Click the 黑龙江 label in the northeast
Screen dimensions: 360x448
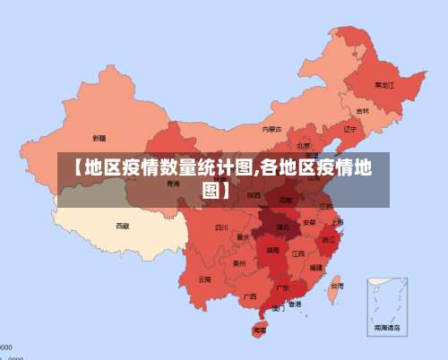(x=384, y=86)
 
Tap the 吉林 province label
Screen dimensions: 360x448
(x=362, y=111)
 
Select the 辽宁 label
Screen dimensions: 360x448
(x=349, y=128)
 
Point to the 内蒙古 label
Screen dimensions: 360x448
(x=272, y=129)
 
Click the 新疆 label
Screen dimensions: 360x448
(x=99, y=138)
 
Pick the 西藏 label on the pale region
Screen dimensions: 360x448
(x=123, y=226)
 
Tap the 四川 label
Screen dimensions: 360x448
(x=221, y=227)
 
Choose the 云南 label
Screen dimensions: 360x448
(x=205, y=279)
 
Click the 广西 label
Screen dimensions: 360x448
(x=250, y=296)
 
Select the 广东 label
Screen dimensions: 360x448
(x=282, y=287)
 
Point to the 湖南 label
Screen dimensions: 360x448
(x=272, y=252)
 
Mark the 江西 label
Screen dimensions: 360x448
(x=298, y=253)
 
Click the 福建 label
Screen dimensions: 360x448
(x=316, y=267)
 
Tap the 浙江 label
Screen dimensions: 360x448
(x=329, y=239)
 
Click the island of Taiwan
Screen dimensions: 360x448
(x=334, y=287)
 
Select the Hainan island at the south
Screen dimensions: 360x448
(x=260, y=330)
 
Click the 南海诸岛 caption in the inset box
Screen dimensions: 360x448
(x=388, y=328)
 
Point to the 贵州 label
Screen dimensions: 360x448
(x=239, y=263)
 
